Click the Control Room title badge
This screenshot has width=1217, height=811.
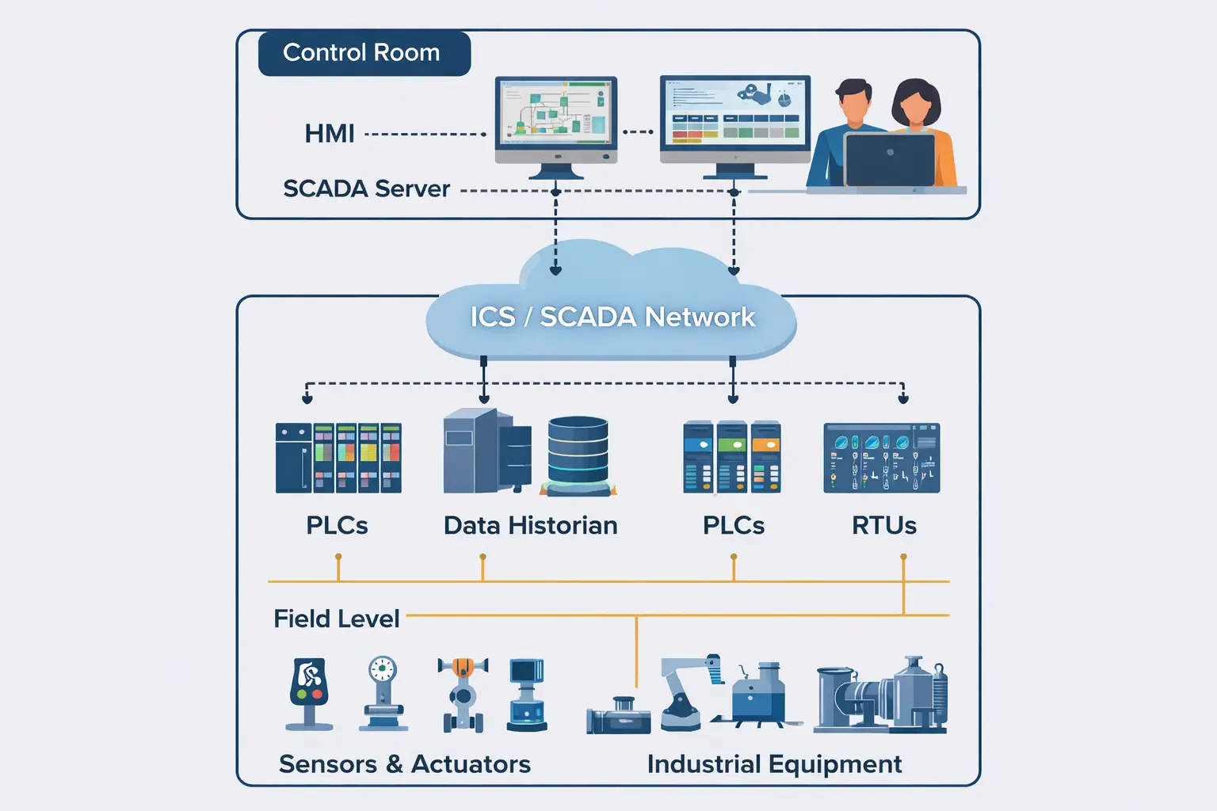[364, 53]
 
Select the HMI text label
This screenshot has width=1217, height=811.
[329, 133]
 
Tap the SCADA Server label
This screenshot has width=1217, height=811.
[366, 188]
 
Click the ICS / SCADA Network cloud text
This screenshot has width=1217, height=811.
[612, 317]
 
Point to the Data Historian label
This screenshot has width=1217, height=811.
[530, 525]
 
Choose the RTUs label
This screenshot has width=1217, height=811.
[883, 525]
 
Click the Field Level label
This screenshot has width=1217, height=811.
[336, 619]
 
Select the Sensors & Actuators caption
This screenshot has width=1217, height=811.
[404, 763]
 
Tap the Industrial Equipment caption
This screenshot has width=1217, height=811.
[774, 763]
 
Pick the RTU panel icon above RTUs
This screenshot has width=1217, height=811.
[881, 458]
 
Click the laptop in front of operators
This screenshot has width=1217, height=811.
[889, 159]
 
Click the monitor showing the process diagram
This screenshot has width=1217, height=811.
[555, 115]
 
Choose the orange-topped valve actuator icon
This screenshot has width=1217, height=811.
[463, 693]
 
